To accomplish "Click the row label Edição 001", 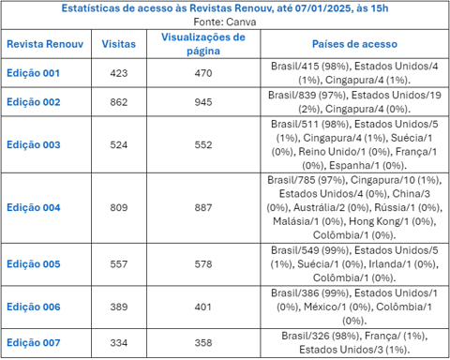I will pyautogui.click(x=33, y=72).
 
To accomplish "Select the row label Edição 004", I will pyautogui.click(x=33, y=207).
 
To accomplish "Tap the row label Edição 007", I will pyautogui.click(x=33, y=343).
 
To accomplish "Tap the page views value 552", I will pyautogui.click(x=203, y=144).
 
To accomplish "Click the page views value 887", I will pyautogui.click(x=203, y=207).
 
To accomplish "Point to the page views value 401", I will pyautogui.click(x=203, y=307).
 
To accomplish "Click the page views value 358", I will pyautogui.click(x=203, y=343).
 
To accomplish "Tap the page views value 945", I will pyautogui.click(x=203, y=100).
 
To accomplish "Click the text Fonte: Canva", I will pyautogui.click(x=225, y=20).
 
